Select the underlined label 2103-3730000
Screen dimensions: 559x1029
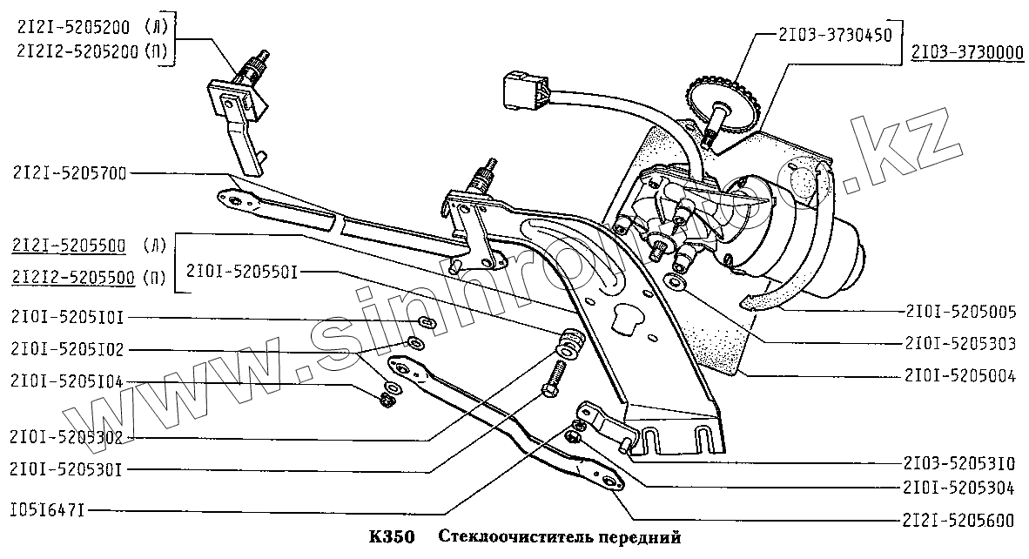click(967, 54)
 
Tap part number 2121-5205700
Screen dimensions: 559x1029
click(70, 173)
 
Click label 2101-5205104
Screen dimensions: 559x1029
click(68, 381)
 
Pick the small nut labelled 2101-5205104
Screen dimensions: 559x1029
click(387, 400)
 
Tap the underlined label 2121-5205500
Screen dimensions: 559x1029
click(70, 246)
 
